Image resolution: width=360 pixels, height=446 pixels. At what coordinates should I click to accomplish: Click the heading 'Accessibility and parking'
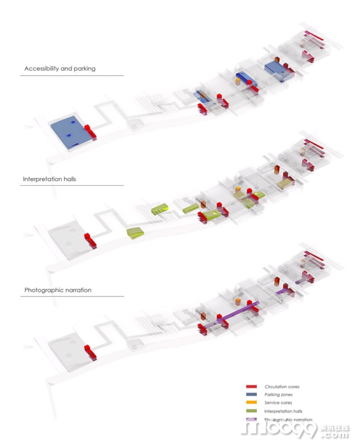(x=59, y=68)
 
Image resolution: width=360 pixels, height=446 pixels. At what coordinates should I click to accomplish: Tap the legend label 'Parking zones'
(x=278, y=394)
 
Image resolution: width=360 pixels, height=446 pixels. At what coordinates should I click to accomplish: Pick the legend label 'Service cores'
(x=278, y=403)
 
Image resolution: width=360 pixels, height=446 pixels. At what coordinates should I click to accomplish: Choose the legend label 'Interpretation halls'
(x=283, y=411)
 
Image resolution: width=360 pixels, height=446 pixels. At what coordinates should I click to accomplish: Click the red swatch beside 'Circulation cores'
(x=251, y=387)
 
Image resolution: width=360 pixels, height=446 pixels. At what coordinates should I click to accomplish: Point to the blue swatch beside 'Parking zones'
(x=251, y=394)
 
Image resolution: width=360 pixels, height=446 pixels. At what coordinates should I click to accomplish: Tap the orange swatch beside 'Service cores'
(x=251, y=403)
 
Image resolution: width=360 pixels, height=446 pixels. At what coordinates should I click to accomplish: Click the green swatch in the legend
(x=251, y=411)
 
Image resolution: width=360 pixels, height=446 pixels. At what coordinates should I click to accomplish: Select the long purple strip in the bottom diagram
(x=231, y=315)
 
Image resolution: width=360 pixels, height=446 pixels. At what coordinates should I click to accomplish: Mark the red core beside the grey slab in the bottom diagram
(x=91, y=351)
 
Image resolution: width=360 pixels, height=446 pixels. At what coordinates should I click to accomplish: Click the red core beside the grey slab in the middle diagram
(x=91, y=240)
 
